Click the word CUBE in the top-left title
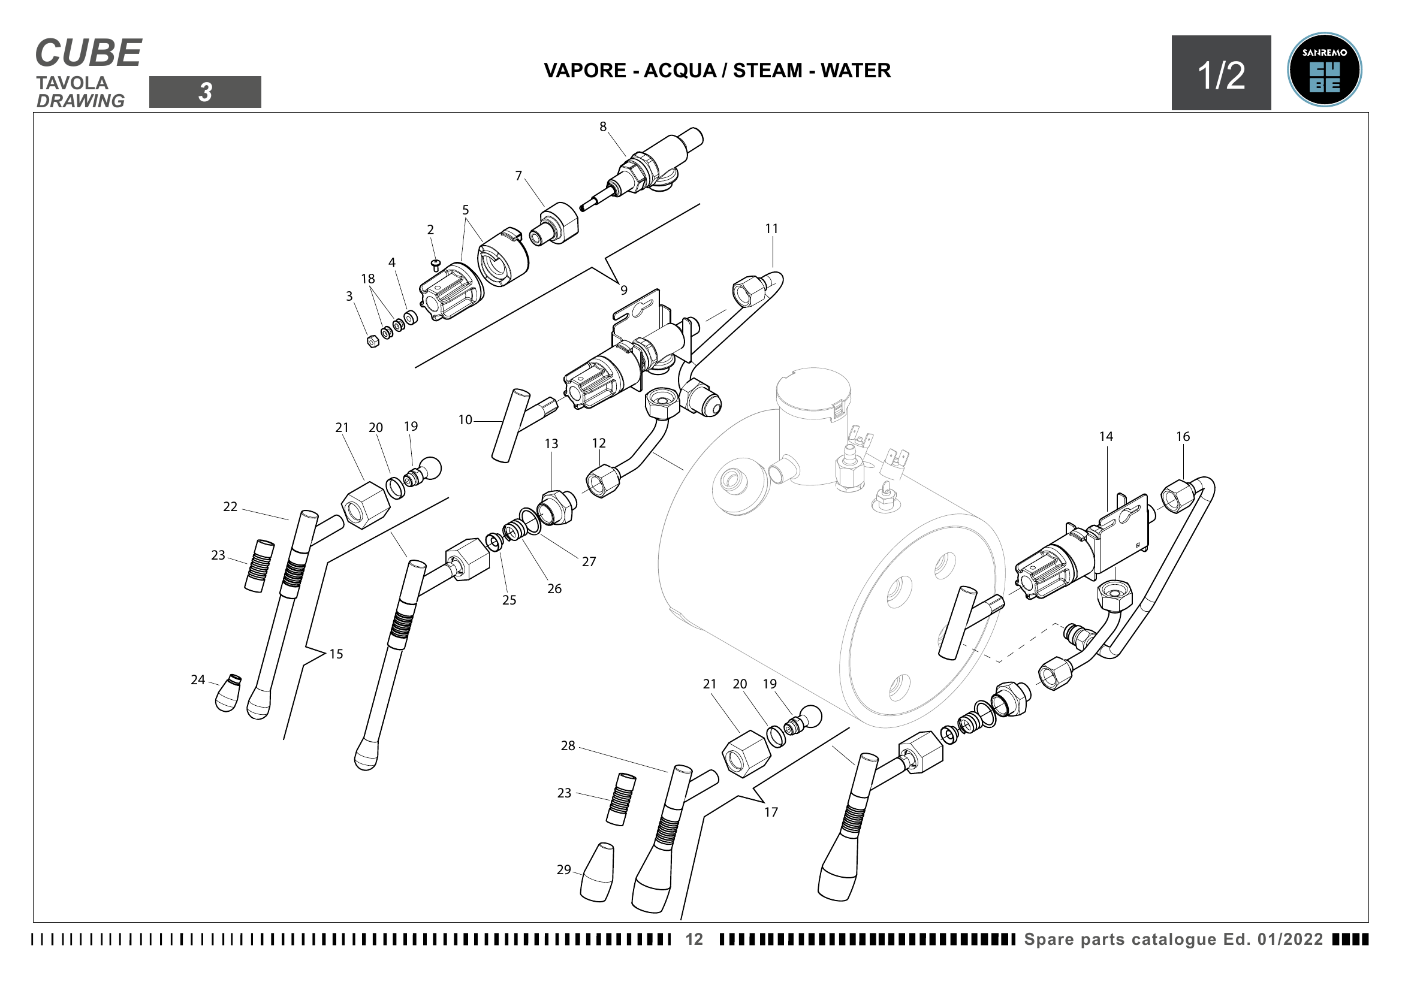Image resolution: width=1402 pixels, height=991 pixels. click(89, 53)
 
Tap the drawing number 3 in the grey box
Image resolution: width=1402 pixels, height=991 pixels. click(205, 92)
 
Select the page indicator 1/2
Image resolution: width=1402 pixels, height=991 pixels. click(1220, 75)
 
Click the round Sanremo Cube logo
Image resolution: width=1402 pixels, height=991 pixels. click(1324, 70)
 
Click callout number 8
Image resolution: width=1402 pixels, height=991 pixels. click(602, 127)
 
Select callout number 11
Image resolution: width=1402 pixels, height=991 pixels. click(772, 229)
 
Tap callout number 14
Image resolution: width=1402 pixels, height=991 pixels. click(1106, 437)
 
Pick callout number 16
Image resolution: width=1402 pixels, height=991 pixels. click(1183, 437)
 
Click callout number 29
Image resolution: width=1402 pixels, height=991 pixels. click(563, 869)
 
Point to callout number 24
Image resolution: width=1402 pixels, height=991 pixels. click(198, 680)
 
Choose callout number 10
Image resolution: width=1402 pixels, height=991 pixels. click(465, 420)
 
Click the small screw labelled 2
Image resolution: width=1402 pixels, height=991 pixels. click(435, 265)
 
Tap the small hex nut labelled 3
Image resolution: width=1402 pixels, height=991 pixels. click(372, 341)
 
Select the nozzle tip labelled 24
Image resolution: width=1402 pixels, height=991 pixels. click(228, 694)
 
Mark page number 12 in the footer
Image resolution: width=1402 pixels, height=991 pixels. click(694, 939)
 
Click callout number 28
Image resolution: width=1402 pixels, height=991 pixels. click(568, 746)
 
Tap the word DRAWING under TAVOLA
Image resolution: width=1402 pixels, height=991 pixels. click(80, 101)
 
